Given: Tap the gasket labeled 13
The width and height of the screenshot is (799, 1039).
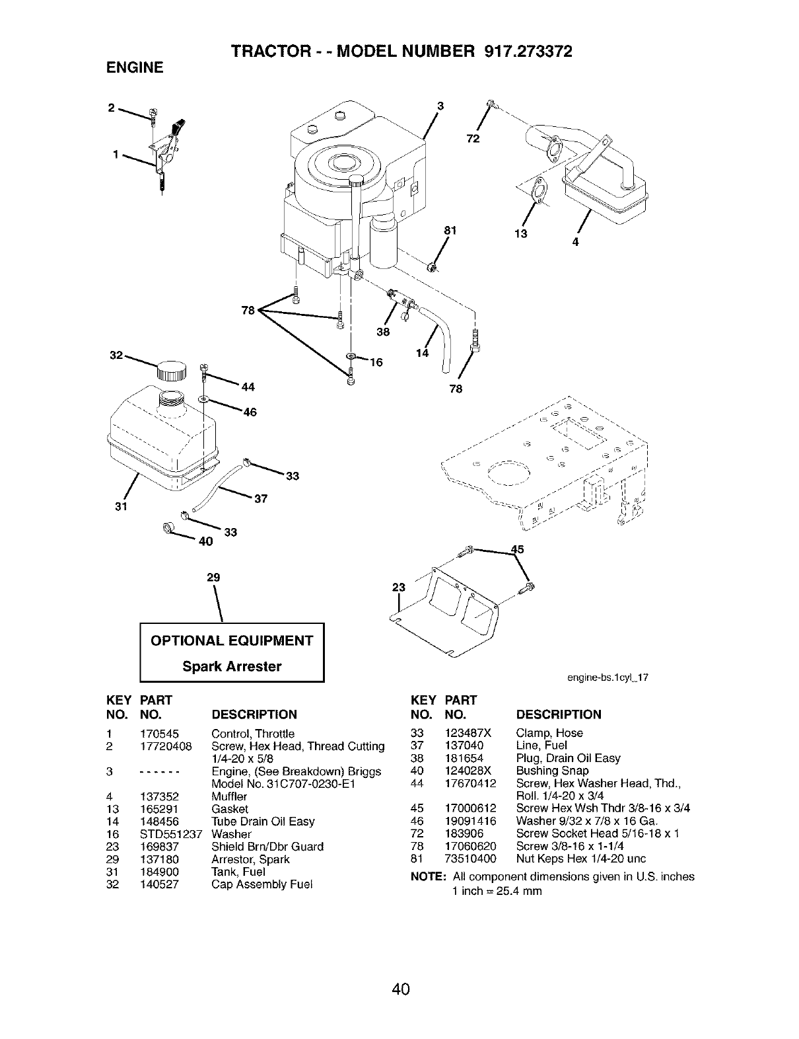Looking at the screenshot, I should pos(539,190).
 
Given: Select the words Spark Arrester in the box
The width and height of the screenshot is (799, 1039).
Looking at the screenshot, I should pos(232,666).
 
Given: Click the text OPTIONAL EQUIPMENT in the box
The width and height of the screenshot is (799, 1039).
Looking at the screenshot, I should pos(232,640).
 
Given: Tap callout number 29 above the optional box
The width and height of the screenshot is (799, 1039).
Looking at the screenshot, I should pos(213,577).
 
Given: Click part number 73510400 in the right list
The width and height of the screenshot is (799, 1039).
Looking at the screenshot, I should pos(472,859).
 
